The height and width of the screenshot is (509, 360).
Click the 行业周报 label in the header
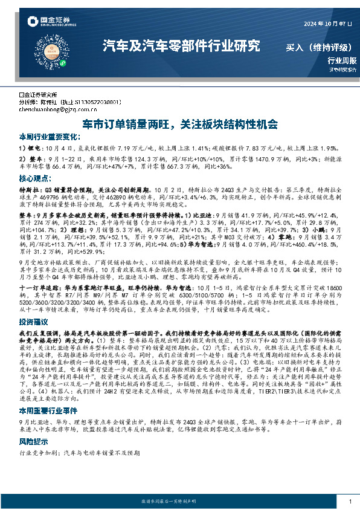342,60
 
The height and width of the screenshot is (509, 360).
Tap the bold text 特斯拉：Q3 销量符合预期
57,189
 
